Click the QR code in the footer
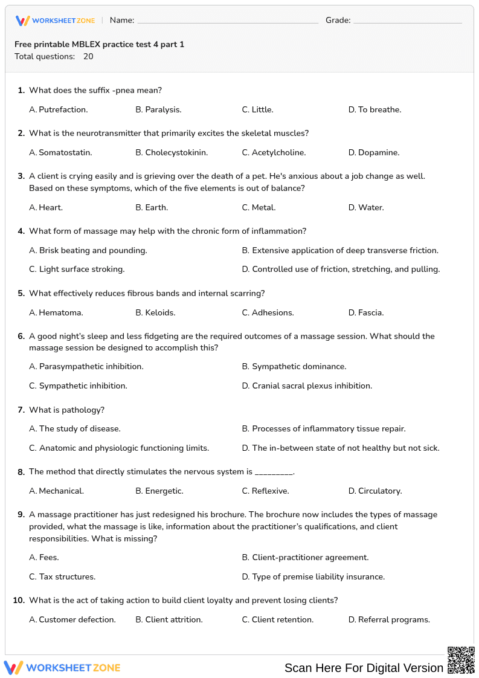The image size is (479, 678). point(460,660)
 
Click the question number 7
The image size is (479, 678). point(21,410)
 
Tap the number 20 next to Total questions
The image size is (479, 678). point(88,57)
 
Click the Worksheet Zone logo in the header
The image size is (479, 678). point(55,21)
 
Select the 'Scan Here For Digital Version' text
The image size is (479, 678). point(364,668)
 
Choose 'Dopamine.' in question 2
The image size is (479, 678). point(379,152)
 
